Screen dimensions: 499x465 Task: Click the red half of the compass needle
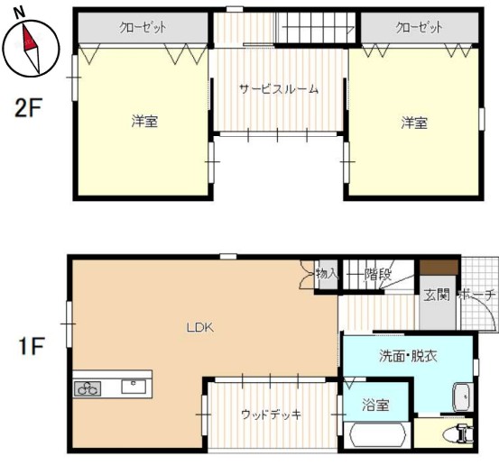point(29,39)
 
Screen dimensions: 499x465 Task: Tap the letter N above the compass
point(20,13)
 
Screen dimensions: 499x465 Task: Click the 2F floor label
point(28,108)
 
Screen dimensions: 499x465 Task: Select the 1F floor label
point(31,346)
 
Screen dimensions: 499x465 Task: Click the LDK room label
point(199,327)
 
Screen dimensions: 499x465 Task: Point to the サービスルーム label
point(279,89)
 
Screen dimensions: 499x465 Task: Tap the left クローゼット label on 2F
point(143,27)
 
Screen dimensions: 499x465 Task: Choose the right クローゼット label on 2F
point(419,27)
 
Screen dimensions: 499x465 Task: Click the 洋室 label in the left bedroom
point(144,122)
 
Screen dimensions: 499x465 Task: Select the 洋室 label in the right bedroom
point(414,123)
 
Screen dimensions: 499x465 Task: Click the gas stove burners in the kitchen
point(88,388)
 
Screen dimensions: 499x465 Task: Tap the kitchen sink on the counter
point(134,387)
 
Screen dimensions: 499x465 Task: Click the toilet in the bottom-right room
point(462,433)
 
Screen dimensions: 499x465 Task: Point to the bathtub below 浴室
point(377,434)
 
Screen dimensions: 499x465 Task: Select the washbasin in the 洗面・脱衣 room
point(461,397)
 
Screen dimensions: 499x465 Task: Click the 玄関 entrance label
point(437,295)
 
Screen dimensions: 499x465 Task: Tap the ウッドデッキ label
point(271,415)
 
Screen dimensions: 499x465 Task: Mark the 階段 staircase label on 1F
point(378,274)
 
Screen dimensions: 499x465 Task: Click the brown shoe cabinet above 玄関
point(439,268)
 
